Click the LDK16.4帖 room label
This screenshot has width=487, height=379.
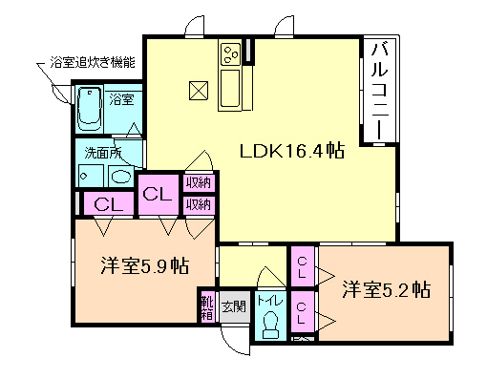click(x=291, y=151)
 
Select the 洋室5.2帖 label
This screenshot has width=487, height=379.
click(x=386, y=289)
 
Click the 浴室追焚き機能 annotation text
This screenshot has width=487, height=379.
click(x=92, y=62)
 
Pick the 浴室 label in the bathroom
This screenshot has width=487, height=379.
click(x=121, y=98)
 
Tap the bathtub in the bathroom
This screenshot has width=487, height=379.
click(x=89, y=107)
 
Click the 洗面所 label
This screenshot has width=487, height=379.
click(x=99, y=151)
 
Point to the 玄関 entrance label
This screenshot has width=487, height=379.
click(x=233, y=306)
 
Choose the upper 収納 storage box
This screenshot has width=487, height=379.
click(x=199, y=182)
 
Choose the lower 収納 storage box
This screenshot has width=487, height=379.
click(x=199, y=204)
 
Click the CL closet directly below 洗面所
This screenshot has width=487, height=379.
click(x=107, y=203)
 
